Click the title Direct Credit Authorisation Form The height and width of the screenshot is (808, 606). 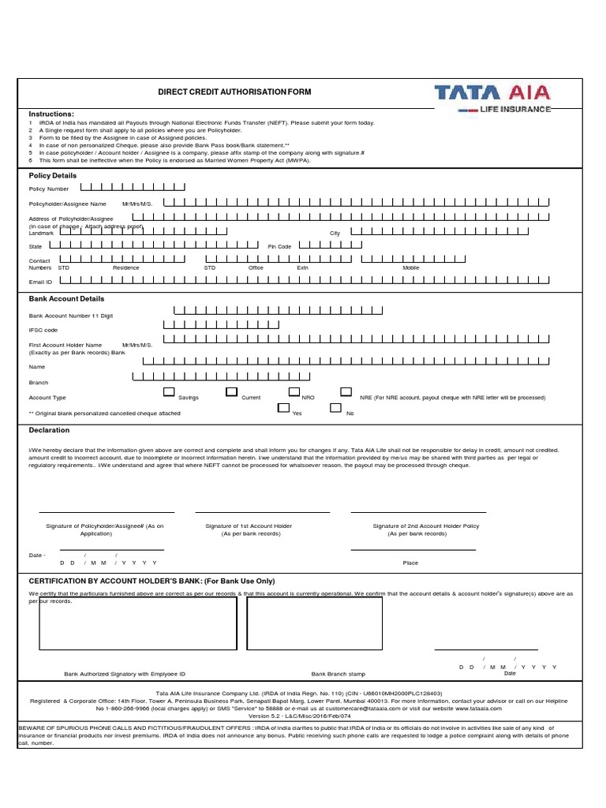click(x=235, y=92)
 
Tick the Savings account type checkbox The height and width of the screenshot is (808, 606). click(x=169, y=392)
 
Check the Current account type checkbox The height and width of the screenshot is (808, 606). click(x=231, y=392)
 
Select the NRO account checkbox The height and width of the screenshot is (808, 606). click(x=294, y=392)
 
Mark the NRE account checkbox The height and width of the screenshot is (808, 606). click(x=346, y=392)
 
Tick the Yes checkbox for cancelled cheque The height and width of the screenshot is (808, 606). click(x=283, y=408)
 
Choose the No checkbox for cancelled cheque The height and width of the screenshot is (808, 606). click(x=335, y=408)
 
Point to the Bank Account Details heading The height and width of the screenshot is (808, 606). click(x=66, y=299)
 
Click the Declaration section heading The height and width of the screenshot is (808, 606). click(x=50, y=430)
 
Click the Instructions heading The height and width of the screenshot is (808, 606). click(x=51, y=114)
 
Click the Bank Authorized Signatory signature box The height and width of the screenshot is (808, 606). click(x=138, y=631)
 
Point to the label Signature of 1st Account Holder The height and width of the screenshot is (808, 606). click(x=249, y=526)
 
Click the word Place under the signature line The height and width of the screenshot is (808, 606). click(x=410, y=563)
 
